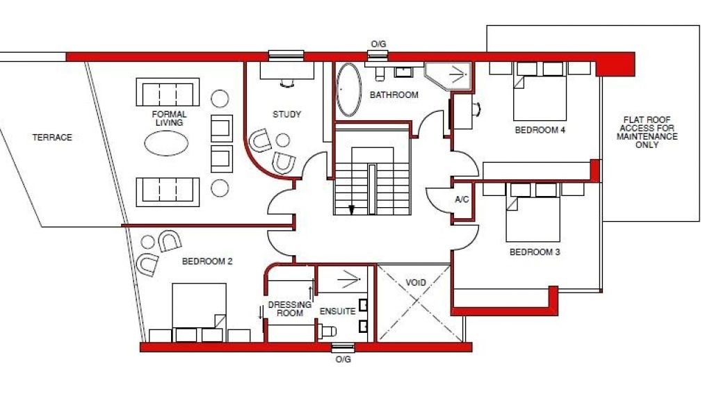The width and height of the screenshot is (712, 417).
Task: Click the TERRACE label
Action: [52, 137]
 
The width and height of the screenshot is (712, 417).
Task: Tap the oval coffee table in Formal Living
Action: [166, 143]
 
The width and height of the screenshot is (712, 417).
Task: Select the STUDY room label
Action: [286, 115]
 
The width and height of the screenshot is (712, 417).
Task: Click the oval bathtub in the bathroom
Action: [348, 90]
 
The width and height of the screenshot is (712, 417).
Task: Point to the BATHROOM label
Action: [394, 95]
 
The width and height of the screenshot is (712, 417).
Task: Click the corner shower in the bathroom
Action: [448, 74]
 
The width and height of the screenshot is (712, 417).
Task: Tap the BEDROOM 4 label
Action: [540, 130]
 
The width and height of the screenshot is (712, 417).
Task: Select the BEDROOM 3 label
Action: [535, 252]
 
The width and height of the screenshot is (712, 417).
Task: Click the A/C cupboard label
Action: [462, 199]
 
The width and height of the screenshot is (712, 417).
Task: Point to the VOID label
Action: [416, 283]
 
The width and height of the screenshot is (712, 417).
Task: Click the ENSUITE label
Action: [337, 311]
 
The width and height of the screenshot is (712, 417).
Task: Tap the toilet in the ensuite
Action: [327, 332]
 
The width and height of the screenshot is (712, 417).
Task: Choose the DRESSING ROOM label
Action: [290, 309]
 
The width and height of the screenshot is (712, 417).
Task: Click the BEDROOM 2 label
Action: [207, 261]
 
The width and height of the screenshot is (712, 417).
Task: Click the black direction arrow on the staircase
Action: [351, 210]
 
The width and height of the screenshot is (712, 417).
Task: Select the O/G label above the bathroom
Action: [378, 44]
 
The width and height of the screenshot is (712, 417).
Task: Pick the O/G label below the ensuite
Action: [343, 359]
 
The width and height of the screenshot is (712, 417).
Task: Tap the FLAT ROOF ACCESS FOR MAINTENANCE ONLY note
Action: [647, 132]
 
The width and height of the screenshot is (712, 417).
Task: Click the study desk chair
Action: [287, 83]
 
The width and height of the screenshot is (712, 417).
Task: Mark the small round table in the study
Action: [283, 140]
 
